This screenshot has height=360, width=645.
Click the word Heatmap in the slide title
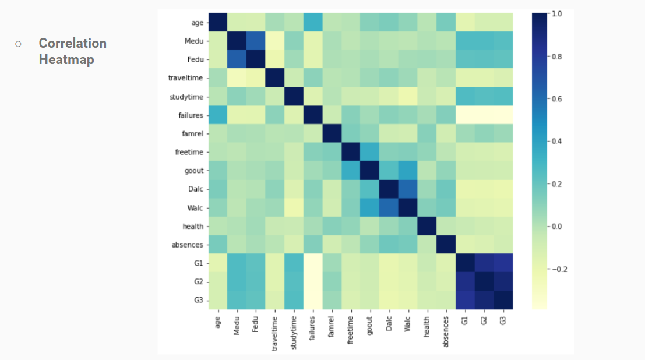coord(66,59)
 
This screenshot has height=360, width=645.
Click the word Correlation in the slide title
coord(73,43)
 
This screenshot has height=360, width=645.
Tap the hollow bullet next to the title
coord(19,44)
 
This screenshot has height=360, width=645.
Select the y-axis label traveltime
coord(186,77)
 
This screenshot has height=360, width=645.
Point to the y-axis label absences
coord(188,244)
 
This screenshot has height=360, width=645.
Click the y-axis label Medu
coord(193,40)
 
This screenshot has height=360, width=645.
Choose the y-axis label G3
coord(198,299)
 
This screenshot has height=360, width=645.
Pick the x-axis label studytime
coord(293,332)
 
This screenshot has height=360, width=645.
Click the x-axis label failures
coord(312,330)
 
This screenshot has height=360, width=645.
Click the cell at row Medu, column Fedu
coord(255,41)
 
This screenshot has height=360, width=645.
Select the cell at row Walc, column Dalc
coord(389,207)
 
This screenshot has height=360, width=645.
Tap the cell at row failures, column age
coord(217,115)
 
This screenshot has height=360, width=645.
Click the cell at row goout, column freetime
coord(350,170)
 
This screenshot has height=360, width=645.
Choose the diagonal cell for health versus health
coord(427,225)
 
